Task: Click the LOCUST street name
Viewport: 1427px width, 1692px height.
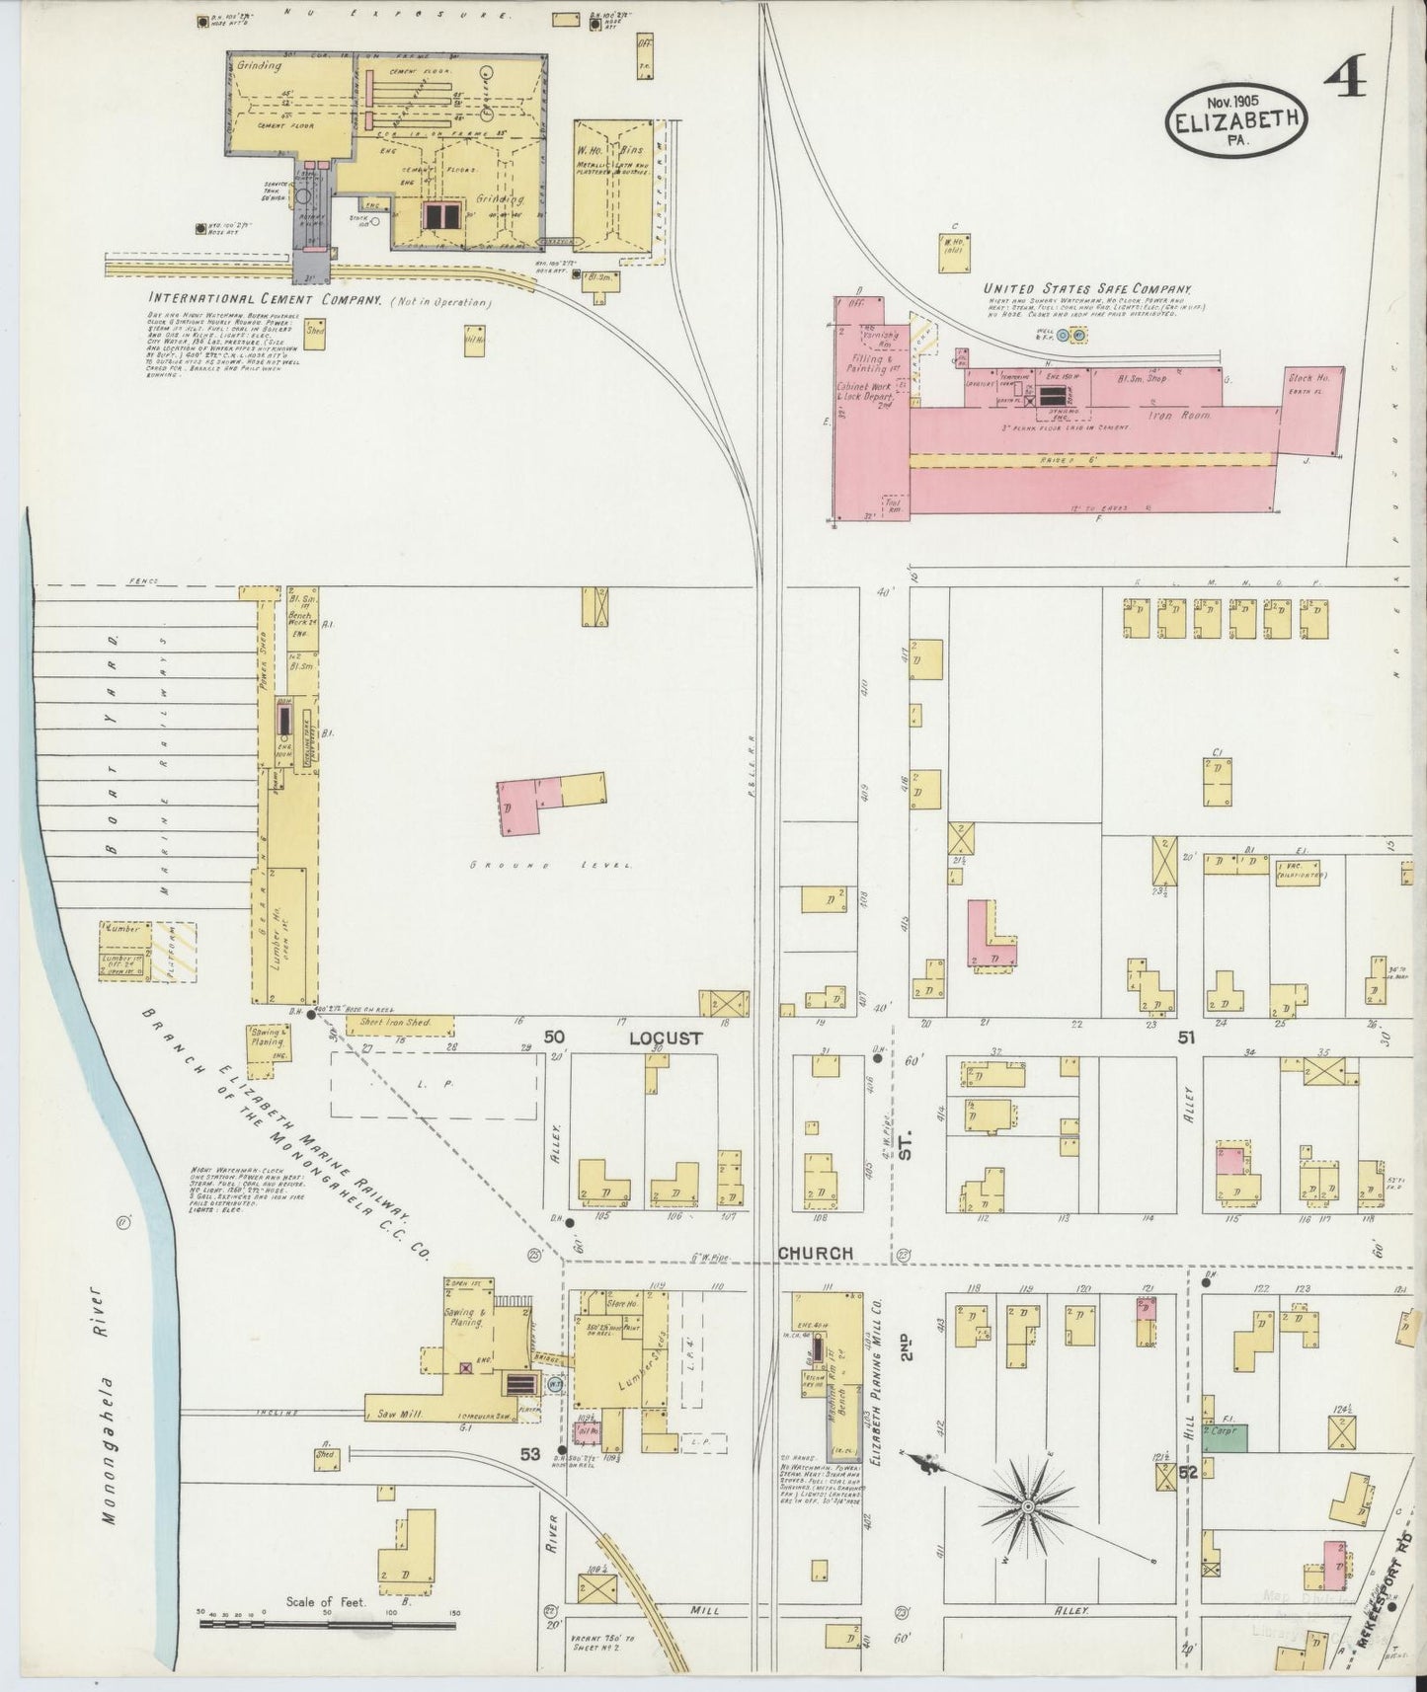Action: tap(666, 1038)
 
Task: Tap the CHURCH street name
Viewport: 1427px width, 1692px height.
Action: tap(815, 1253)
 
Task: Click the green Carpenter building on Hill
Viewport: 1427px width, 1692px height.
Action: tap(1226, 1436)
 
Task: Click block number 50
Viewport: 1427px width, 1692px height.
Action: tap(554, 1037)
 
